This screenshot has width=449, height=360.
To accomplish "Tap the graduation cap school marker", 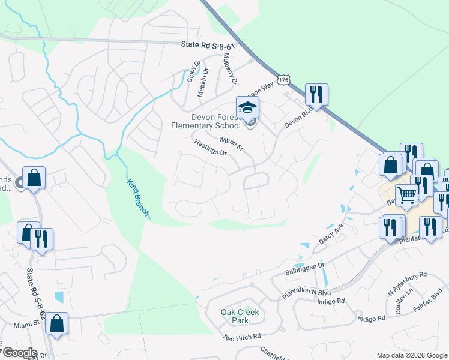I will tap(247, 108).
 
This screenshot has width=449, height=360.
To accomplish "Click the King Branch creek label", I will tap(138, 198).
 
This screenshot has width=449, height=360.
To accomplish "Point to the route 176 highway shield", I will tap(284, 80).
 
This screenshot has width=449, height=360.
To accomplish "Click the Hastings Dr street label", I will tap(210, 148).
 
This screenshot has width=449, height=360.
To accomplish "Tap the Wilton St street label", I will tap(231, 143).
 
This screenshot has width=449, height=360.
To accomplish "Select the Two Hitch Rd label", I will tap(241, 337).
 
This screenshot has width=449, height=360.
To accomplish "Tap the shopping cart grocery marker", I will tap(407, 195).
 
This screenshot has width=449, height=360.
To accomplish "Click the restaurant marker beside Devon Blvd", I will tap(316, 94).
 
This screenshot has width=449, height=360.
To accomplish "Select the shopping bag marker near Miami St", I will tap(56, 324).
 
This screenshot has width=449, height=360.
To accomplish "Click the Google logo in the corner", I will tap(19, 353).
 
